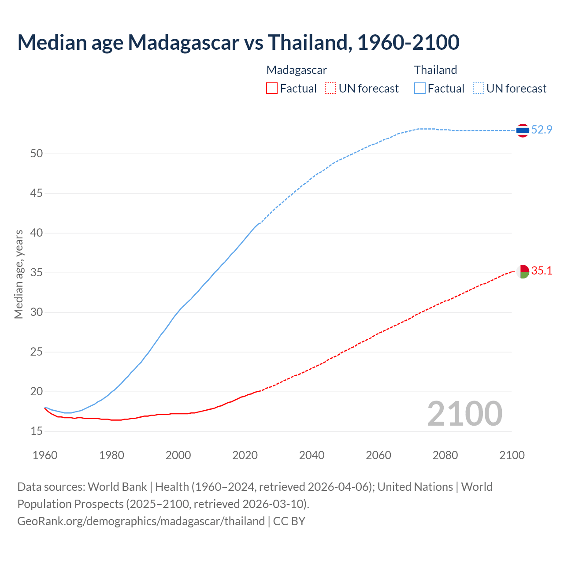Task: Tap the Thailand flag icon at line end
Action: (523, 130)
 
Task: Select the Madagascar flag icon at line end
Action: (523, 271)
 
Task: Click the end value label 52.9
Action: (542, 130)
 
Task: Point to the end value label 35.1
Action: (542, 271)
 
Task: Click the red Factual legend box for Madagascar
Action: (272, 89)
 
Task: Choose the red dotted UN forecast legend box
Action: (330, 89)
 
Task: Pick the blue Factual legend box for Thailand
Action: (420, 89)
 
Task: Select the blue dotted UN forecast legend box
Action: (479, 89)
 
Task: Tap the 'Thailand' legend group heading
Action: (435, 70)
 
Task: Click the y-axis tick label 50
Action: (37, 154)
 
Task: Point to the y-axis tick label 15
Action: (37, 431)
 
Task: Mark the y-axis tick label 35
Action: (37, 273)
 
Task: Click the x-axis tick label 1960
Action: (45, 455)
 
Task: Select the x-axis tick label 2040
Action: (312, 455)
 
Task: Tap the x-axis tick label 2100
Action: (512, 455)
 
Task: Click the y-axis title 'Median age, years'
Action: (19, 274)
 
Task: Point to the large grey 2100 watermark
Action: (464, 414)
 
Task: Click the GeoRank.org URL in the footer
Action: (141, 521)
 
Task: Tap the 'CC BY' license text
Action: (289, 521)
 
